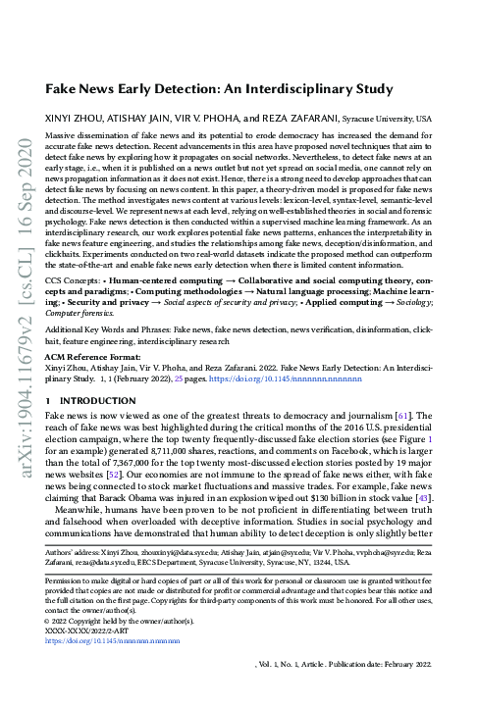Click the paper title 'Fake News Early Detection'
[x=237, y=87]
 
